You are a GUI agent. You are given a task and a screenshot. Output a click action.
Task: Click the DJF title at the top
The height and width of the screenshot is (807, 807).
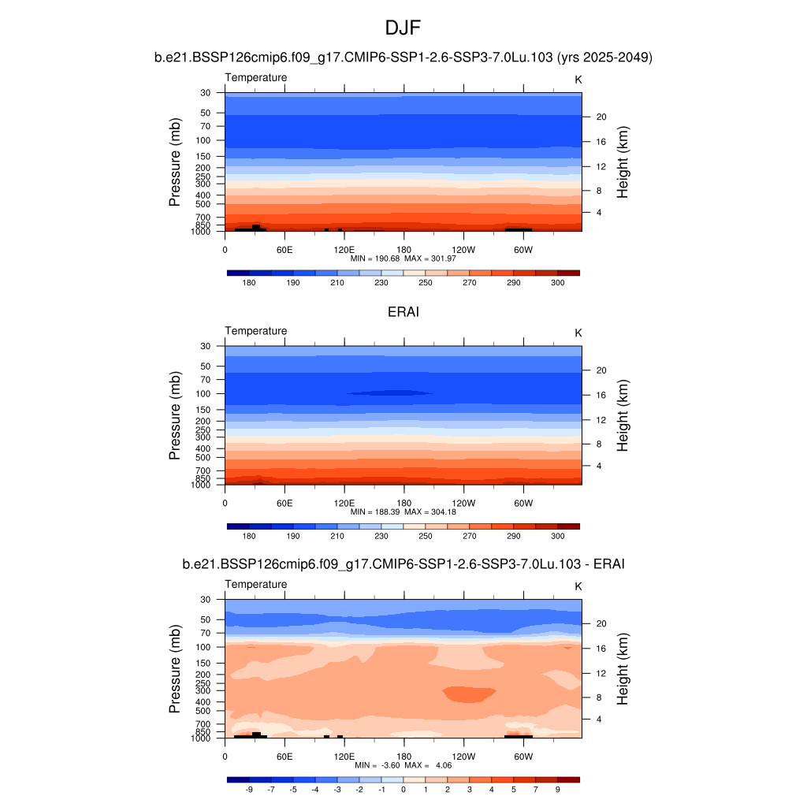click(x=403, y=28)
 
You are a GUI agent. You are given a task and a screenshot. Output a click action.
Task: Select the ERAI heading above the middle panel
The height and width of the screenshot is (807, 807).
click(x=403, y=312)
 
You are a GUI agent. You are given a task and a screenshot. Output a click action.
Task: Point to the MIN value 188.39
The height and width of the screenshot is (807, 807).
click(x=377, y=511)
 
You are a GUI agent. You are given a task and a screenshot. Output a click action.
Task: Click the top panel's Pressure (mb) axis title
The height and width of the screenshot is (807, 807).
click(x=175, y=162)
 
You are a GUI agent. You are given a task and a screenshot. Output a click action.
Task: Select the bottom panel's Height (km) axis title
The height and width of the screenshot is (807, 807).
click(x=623, y=669)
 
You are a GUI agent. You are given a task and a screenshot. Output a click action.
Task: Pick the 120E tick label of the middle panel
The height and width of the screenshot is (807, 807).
click(x=344, y=502)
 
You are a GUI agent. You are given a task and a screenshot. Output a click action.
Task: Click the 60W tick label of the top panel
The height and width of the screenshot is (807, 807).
click(x=523, y=249)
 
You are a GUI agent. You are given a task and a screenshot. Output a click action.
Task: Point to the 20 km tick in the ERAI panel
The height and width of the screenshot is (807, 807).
click(x=600, y=370)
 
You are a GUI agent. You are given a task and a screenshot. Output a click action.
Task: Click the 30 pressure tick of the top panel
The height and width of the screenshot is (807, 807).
click(x=206, y=93)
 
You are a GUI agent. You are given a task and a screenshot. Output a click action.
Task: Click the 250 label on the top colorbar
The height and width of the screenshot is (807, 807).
click(x=426, y=282)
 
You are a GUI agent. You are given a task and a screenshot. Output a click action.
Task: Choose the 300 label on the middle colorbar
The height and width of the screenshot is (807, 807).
click(x=557, y=535)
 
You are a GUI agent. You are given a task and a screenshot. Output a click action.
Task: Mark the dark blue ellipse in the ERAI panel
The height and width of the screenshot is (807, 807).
click(x=389, y=392)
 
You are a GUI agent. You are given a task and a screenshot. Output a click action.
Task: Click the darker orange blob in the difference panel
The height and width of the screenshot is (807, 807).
click(x=470, y=694)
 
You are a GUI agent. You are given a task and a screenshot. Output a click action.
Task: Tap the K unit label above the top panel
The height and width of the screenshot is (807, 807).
click(x=578, y=79)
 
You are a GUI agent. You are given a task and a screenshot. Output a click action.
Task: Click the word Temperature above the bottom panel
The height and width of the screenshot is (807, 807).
click(x=256, y=584)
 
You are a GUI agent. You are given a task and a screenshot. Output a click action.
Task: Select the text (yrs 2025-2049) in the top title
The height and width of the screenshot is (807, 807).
click(x=604, y=57)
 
